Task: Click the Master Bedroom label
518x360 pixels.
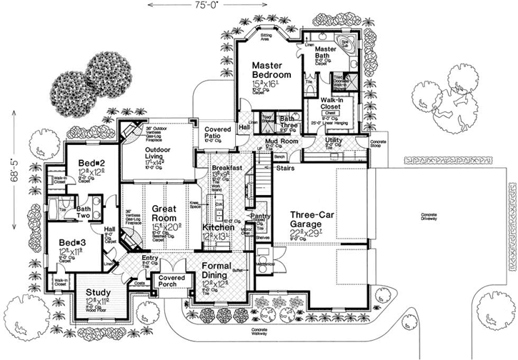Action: (x=272, y=69)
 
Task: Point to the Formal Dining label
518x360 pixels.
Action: (x=208, y=270)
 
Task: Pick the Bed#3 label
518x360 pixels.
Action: (x=72, y=241)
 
